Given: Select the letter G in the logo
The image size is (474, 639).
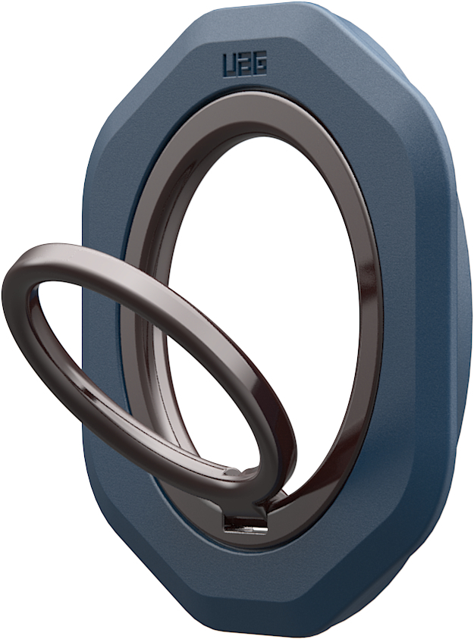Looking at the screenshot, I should [x=259, y=66].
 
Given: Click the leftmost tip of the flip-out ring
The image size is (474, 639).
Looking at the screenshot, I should [x=6, y=292].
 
